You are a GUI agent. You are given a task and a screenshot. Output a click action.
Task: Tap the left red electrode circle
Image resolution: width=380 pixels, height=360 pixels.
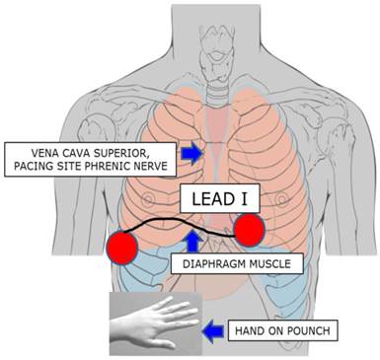click(125, 247)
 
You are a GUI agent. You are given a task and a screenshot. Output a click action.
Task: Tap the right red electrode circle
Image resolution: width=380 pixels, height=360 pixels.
click(249, 231)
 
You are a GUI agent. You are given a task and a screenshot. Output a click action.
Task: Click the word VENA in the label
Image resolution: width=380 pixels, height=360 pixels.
click(30, 147)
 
